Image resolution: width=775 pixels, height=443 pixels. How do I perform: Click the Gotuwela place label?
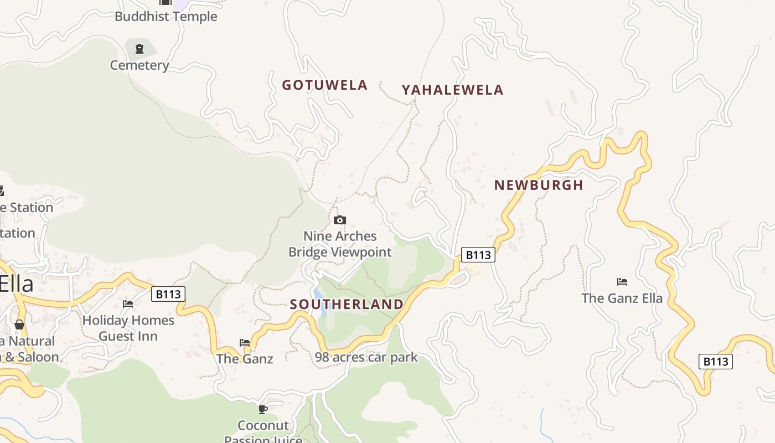tap(324, 85)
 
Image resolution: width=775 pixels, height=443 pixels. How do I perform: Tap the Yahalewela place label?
tap(452, 90)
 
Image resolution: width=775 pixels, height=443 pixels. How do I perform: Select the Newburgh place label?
tap(539, 185)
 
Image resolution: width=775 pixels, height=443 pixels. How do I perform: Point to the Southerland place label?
tap(347, 304)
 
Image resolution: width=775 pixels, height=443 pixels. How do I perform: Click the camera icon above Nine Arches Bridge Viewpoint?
tap(340, 220)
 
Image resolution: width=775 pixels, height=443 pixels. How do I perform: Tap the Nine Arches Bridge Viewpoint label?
tap(340, 244)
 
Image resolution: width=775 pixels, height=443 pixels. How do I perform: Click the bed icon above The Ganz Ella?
tap(622, 282)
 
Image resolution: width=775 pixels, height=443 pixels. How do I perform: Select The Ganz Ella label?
tap(622, 298)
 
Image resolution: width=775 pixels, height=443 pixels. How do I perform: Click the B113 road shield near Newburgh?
tap(478, 255)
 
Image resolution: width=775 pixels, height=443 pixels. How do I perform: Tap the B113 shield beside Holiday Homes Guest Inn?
tap(168, 294)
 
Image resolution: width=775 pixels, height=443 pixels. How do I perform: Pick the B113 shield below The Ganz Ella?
tap(715, 362)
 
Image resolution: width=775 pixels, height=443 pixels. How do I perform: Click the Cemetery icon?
tap(139, 49)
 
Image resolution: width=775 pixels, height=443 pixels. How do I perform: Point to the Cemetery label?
tap(139, 65)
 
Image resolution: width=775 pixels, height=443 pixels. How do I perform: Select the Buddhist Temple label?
tap(166, 17)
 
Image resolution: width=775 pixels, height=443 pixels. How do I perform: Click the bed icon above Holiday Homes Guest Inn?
tap(128, 304)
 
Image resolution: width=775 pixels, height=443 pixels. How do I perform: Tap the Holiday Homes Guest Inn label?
tap(128, 328)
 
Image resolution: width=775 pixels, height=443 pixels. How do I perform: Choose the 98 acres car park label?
tap(366, 358)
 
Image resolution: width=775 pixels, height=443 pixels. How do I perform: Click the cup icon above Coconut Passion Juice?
tap(263, 409)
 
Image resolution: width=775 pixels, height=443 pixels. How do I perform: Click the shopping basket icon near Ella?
tap(19, 324)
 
